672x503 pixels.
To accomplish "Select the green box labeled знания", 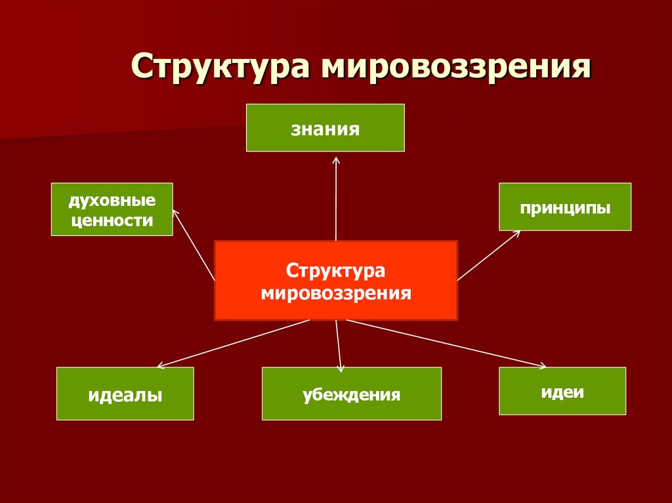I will pos(325,128).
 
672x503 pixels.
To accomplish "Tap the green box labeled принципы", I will pos(565,207).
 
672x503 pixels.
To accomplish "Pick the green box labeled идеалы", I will pos(125,393).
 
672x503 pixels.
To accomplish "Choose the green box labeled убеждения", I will pos(351,393).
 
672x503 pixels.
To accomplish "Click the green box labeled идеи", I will pos(562,391).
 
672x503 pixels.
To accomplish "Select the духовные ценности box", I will pos(112,209).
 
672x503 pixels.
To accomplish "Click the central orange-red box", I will pos(335,280).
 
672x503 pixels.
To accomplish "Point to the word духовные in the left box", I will pos(112,199).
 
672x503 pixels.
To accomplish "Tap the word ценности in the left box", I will pos(112,220).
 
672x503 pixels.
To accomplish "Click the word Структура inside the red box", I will pos(335,270).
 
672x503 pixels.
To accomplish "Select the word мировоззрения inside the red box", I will pos(335,292).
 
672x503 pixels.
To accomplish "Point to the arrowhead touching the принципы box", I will pos(518,233).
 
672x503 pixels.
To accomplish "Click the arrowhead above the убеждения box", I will pos(341,369).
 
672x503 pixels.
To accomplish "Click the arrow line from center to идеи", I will pos(446,343).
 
